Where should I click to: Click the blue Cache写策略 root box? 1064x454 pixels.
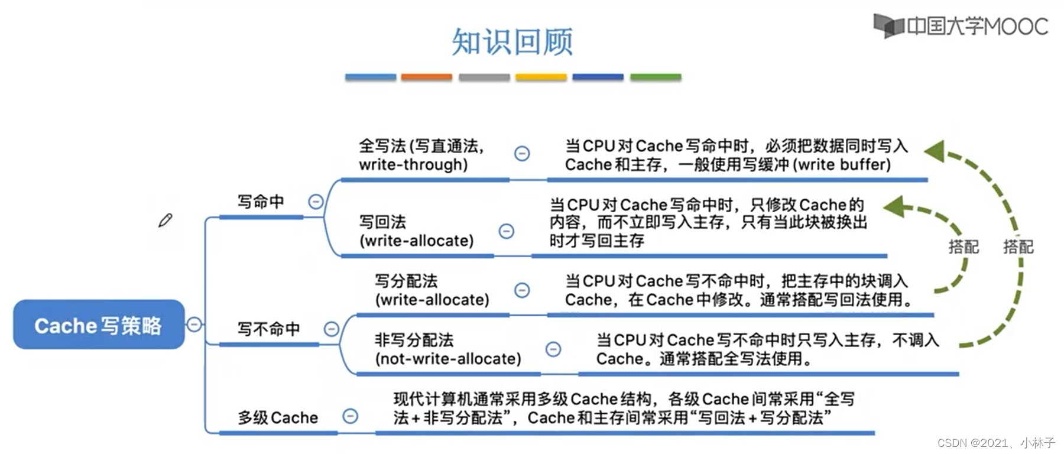99,325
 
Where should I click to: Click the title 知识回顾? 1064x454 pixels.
512,41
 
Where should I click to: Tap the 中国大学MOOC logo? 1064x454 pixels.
961,26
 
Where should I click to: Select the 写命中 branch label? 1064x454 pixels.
261,202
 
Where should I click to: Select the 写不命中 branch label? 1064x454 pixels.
268,329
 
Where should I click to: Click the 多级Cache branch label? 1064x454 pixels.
277,417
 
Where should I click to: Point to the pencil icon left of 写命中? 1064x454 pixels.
165,220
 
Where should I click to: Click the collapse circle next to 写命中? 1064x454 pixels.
316,202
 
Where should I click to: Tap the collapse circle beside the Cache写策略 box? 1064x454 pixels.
194,324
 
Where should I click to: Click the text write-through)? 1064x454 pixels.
413,164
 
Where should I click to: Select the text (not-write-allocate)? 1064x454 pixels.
447,359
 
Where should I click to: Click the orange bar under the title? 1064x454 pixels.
426,77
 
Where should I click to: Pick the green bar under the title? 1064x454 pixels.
656,77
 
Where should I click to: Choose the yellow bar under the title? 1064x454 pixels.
540,77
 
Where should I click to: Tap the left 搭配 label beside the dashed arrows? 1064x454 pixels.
964,247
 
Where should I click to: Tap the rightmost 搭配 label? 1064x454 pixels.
1018,247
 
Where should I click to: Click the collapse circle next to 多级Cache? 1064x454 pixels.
350,416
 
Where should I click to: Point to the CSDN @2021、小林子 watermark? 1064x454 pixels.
995,443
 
